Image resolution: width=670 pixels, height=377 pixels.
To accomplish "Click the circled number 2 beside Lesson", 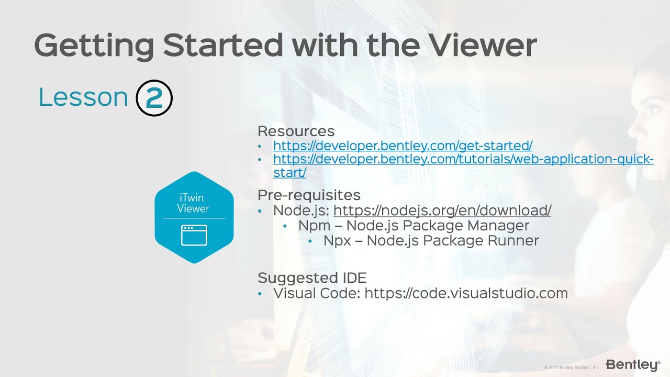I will pos(154,98).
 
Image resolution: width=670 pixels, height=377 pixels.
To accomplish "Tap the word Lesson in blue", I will pos(83,98).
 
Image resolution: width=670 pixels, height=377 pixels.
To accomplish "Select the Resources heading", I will pos(296,131).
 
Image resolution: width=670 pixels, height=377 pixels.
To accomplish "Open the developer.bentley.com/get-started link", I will pos(403,146).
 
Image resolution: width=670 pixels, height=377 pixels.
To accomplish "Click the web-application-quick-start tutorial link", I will pos(463,159).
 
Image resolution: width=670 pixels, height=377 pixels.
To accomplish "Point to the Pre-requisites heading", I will pos(309,195).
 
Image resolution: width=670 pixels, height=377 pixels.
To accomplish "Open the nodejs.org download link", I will pos(442,210).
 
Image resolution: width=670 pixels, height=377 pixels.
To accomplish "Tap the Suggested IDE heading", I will pos(312,278).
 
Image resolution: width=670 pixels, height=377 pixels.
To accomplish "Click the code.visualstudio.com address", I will pos(466,293).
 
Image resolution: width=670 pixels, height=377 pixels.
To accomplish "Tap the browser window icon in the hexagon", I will pos(194,235).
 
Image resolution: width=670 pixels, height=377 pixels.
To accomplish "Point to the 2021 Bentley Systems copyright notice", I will pos(572,368).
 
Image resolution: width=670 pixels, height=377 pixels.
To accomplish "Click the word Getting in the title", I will pos(94,45).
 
